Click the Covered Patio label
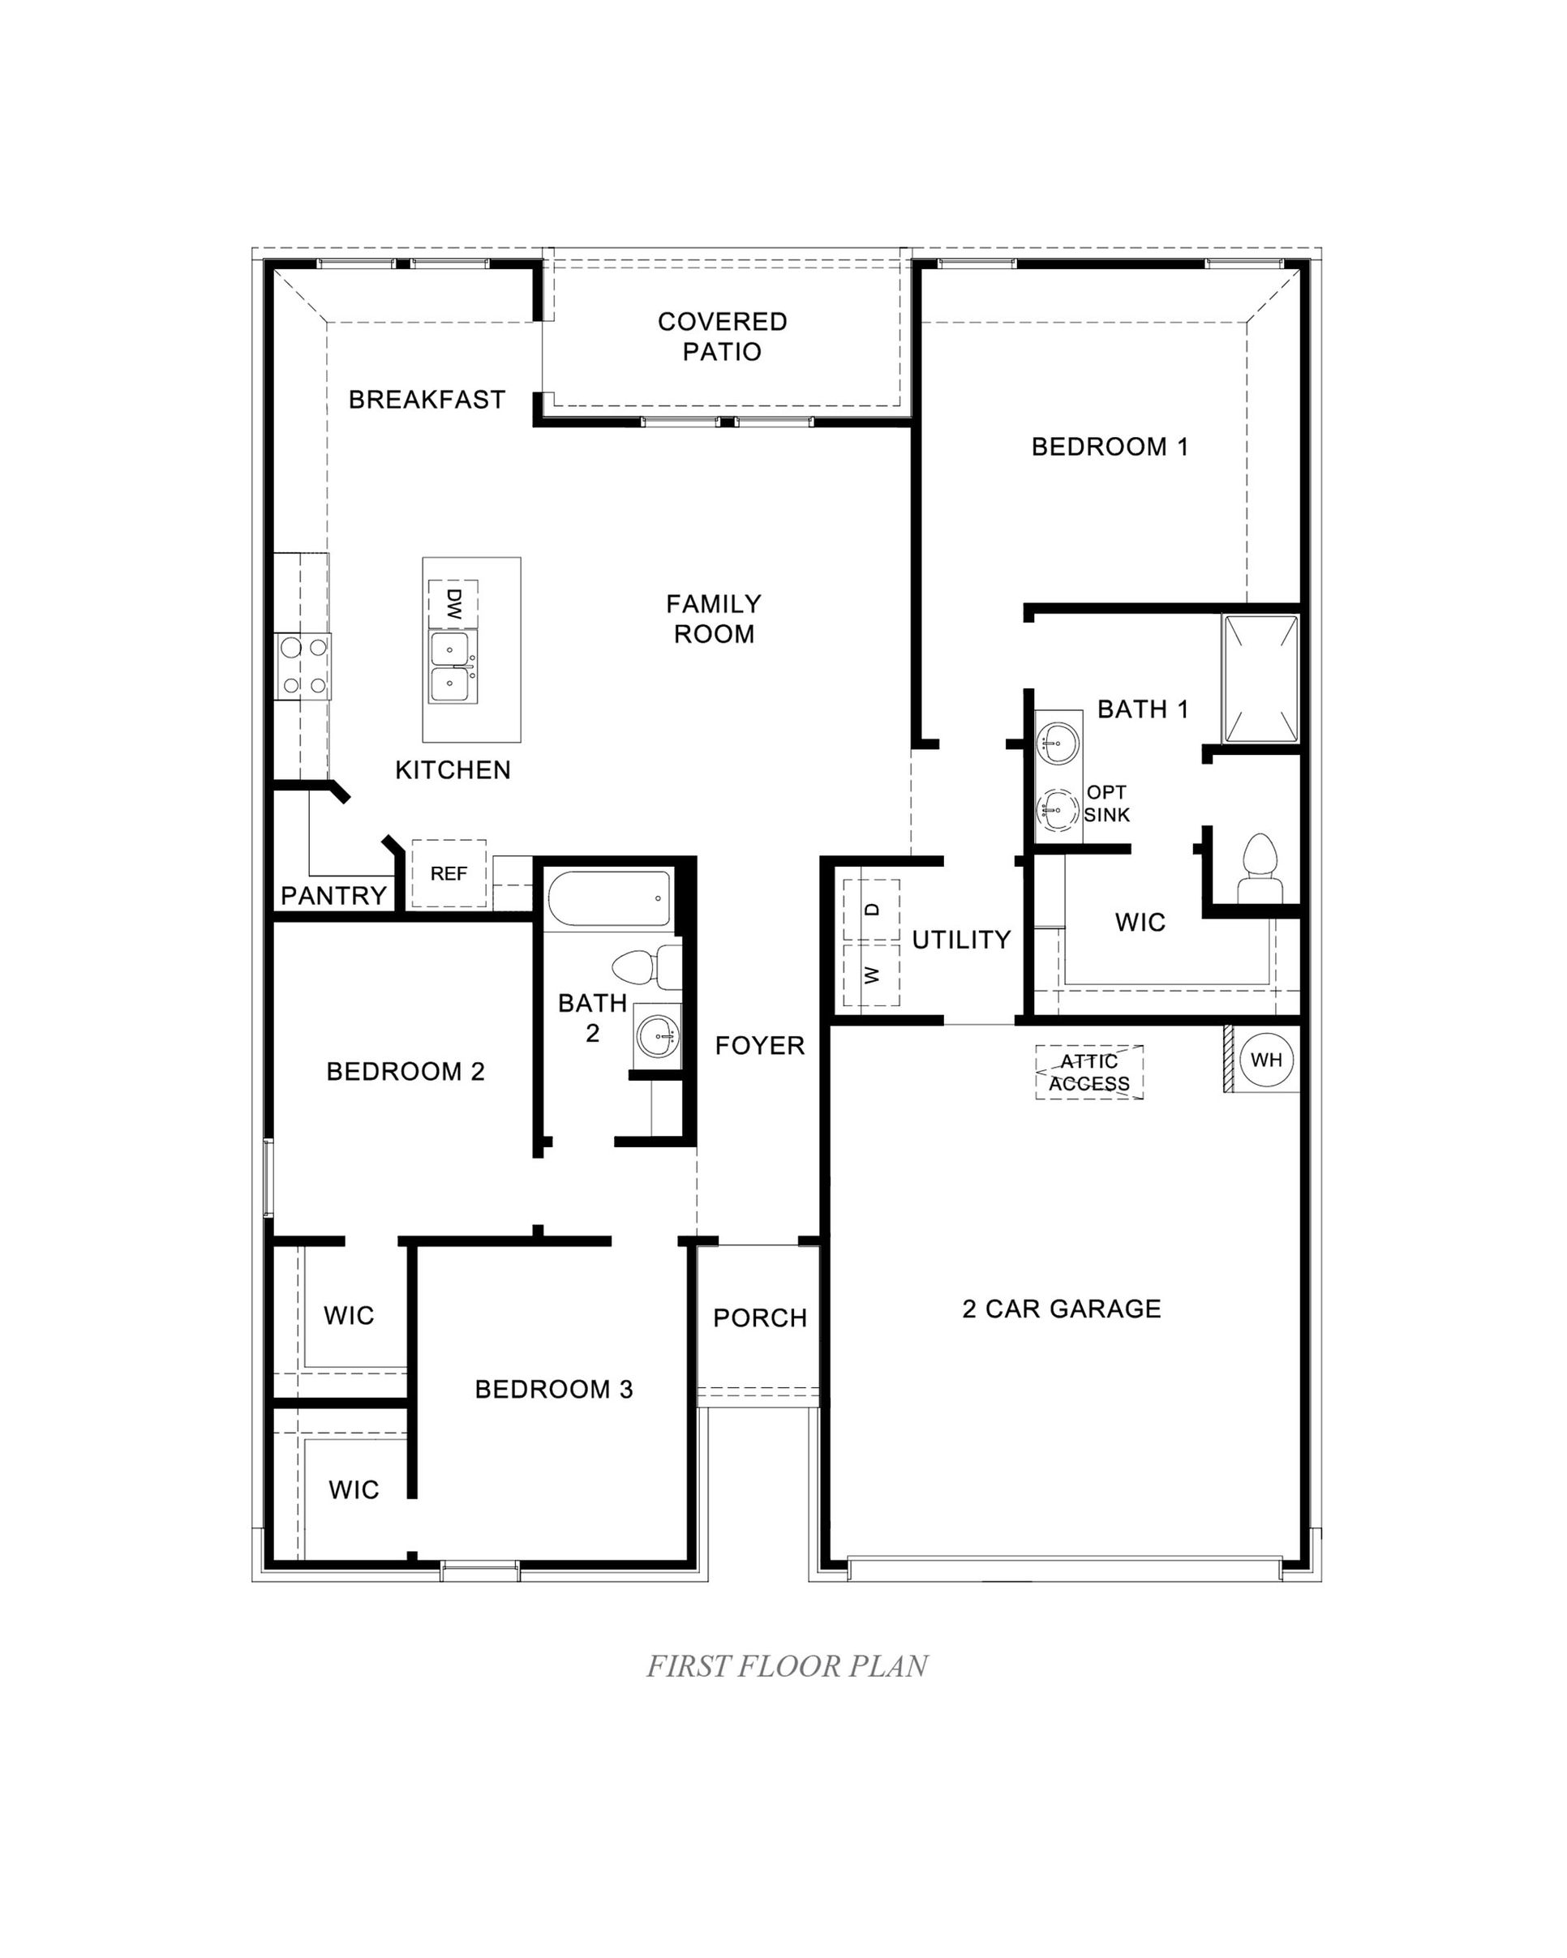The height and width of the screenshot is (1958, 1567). click(x=722, y=336)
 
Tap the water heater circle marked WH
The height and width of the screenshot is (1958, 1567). click(x=1265, y=1060)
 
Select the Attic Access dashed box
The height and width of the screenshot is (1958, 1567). click(x=1089, y=1073)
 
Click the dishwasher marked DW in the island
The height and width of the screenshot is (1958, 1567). click(x=453, y=603)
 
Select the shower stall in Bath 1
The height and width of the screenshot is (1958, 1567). click(x=1260, y=679)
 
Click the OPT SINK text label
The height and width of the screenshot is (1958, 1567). click(x=1106, y=803)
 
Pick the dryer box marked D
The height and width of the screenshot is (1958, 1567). click(x=871, y=910)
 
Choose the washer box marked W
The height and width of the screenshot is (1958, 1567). click(x=871, y=975)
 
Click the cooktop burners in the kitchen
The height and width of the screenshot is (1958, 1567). click(x=303, y=666)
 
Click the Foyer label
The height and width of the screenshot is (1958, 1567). click(x=759, y=1046)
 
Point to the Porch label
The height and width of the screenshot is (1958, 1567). click(x=759, y=1317)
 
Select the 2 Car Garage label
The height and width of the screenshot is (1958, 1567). click(x=1061, y=1309)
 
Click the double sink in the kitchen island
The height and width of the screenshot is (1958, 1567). click(x=451, y=667)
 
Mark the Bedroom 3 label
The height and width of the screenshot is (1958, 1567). click(x=553, y=1389)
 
